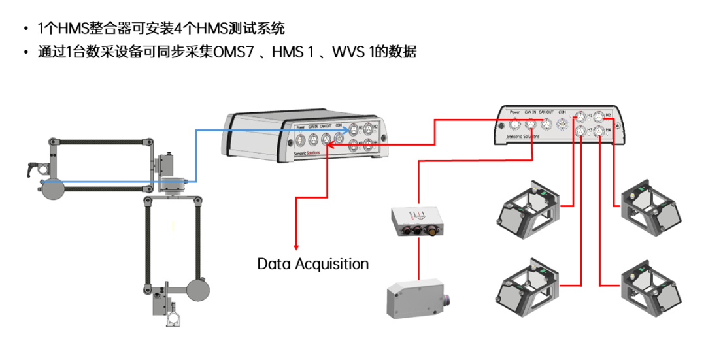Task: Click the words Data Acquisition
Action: tap(312, 264)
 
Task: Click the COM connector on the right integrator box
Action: tap(562, 123)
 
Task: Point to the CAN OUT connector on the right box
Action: tap(546, 123)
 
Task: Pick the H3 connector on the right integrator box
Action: tap(580, 133)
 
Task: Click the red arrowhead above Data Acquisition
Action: tap(296, 247)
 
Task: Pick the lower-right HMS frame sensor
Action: tap(650, 286)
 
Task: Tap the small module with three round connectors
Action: tap(416, 222)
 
